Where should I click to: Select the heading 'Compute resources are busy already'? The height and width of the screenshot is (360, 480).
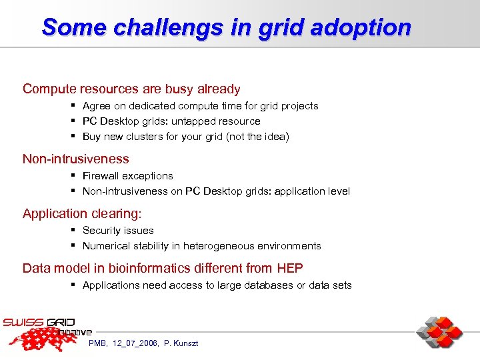(x=131, y=89)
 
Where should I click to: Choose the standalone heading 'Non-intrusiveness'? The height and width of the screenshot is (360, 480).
(x=76, y=159)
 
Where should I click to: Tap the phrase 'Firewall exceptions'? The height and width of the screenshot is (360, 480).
(x=127, y=176)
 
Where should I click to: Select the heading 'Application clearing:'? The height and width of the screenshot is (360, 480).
(x=83, y=213)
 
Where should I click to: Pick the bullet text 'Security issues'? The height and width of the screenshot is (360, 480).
(x=118, y=231)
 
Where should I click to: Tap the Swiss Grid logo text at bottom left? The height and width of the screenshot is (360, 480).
(x=40, y=323)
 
